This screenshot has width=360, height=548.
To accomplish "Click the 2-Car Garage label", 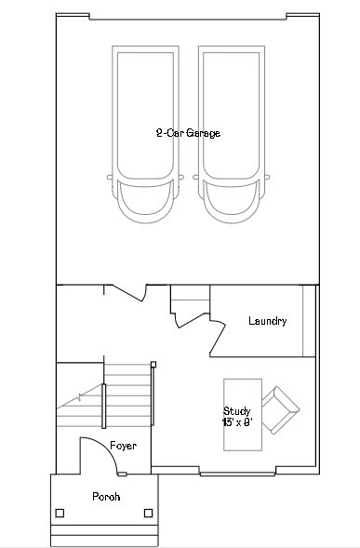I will (188, 133).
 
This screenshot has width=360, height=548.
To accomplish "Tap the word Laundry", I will (267, 322).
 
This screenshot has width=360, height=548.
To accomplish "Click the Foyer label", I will (123, 447).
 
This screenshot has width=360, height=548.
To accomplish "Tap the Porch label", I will (105, 497).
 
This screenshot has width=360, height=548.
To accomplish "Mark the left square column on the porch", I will (60, 513).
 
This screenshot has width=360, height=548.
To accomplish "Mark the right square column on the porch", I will (149, 513).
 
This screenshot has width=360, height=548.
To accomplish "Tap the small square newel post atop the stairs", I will (153, 364).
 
